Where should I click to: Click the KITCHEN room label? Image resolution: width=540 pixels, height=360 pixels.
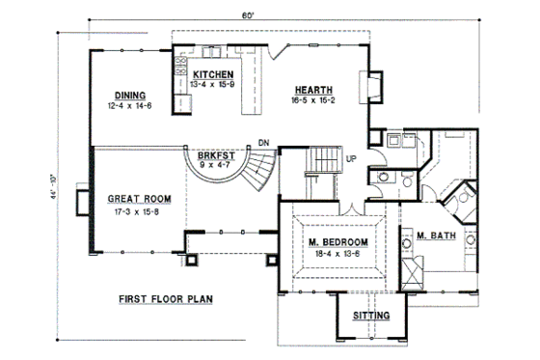point(212,74)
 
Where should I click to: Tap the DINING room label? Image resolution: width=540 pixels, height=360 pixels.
point(129,95)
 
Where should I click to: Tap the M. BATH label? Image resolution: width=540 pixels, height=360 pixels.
point(436,235)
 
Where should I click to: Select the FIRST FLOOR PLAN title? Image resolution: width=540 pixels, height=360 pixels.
point(166,298)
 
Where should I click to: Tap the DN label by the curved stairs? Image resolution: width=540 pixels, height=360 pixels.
point(262,142)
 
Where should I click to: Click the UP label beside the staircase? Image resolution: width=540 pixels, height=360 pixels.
point(351,159)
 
